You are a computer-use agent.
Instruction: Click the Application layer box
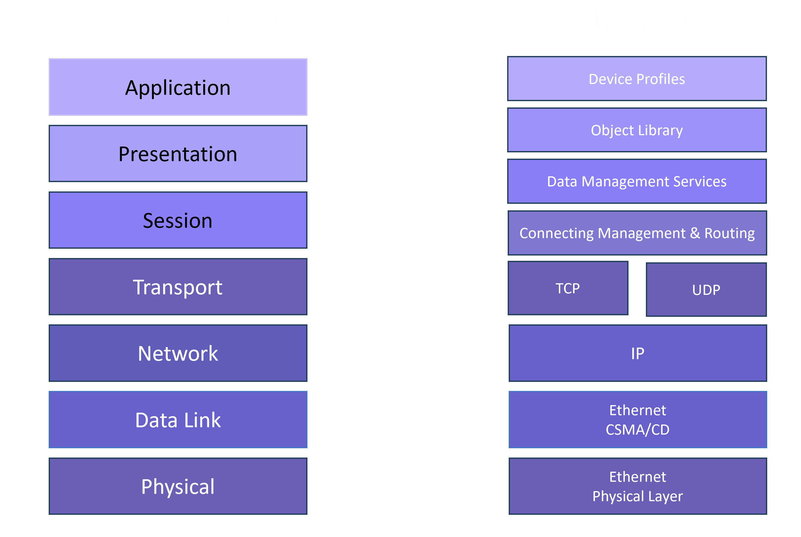click(178, 87)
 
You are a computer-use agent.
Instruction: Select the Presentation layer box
click(178, 153)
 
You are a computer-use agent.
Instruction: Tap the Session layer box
click(178, 220)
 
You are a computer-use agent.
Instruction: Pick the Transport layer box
click(178, 287)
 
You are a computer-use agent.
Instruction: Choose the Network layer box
click(178, 353)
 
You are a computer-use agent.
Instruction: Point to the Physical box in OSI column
click(178, 486)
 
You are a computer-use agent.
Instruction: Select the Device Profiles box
click(637, 79)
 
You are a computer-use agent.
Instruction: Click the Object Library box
click(637, 130)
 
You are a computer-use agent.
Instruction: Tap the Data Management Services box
click(637, 181)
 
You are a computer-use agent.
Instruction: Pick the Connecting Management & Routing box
click(637, 233)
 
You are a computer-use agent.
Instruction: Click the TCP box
click(567, 288)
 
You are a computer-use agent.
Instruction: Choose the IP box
click(637, 353)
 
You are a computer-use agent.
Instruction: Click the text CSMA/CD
click(637, 430)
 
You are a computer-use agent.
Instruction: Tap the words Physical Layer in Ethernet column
click(637, 496)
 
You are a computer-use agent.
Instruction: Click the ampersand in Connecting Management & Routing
click(695, 233)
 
